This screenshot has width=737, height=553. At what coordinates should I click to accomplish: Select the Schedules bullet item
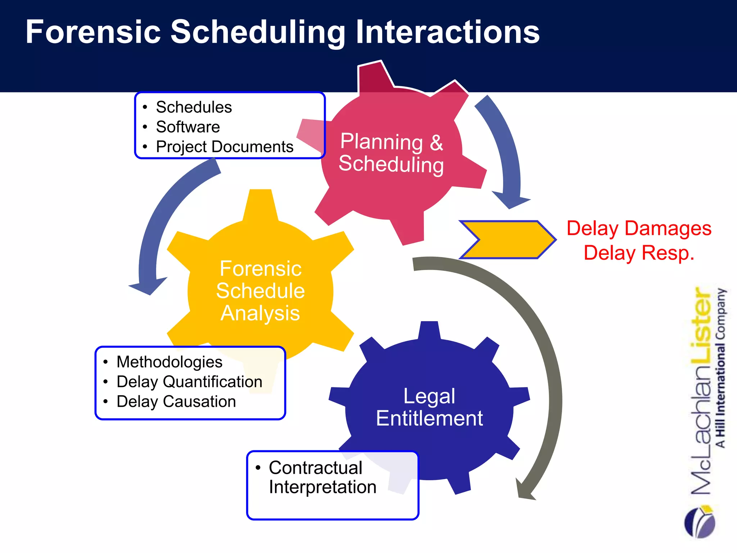194,107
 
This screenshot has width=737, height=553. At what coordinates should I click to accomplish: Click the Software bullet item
187,127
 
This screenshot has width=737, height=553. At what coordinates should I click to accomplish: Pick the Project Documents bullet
225,147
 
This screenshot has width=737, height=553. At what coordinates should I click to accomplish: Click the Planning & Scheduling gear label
392,153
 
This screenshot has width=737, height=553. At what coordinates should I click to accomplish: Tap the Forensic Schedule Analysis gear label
260,291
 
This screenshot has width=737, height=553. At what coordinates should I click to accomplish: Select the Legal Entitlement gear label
429,407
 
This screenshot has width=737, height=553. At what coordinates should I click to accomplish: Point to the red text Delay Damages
639,229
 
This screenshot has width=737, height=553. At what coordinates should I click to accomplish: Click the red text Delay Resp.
639,253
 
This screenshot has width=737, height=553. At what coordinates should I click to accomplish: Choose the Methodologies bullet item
169,362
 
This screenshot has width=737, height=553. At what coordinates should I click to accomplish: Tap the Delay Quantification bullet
189,382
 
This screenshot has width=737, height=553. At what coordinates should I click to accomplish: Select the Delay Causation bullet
176,401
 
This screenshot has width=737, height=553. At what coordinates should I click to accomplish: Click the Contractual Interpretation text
322,477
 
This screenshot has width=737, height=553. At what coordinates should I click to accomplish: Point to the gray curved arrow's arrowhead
525,490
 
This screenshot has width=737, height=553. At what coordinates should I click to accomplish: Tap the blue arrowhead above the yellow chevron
510,200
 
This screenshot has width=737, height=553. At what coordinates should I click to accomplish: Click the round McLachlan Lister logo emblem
700,522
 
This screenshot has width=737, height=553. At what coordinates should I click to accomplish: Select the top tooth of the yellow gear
260,203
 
